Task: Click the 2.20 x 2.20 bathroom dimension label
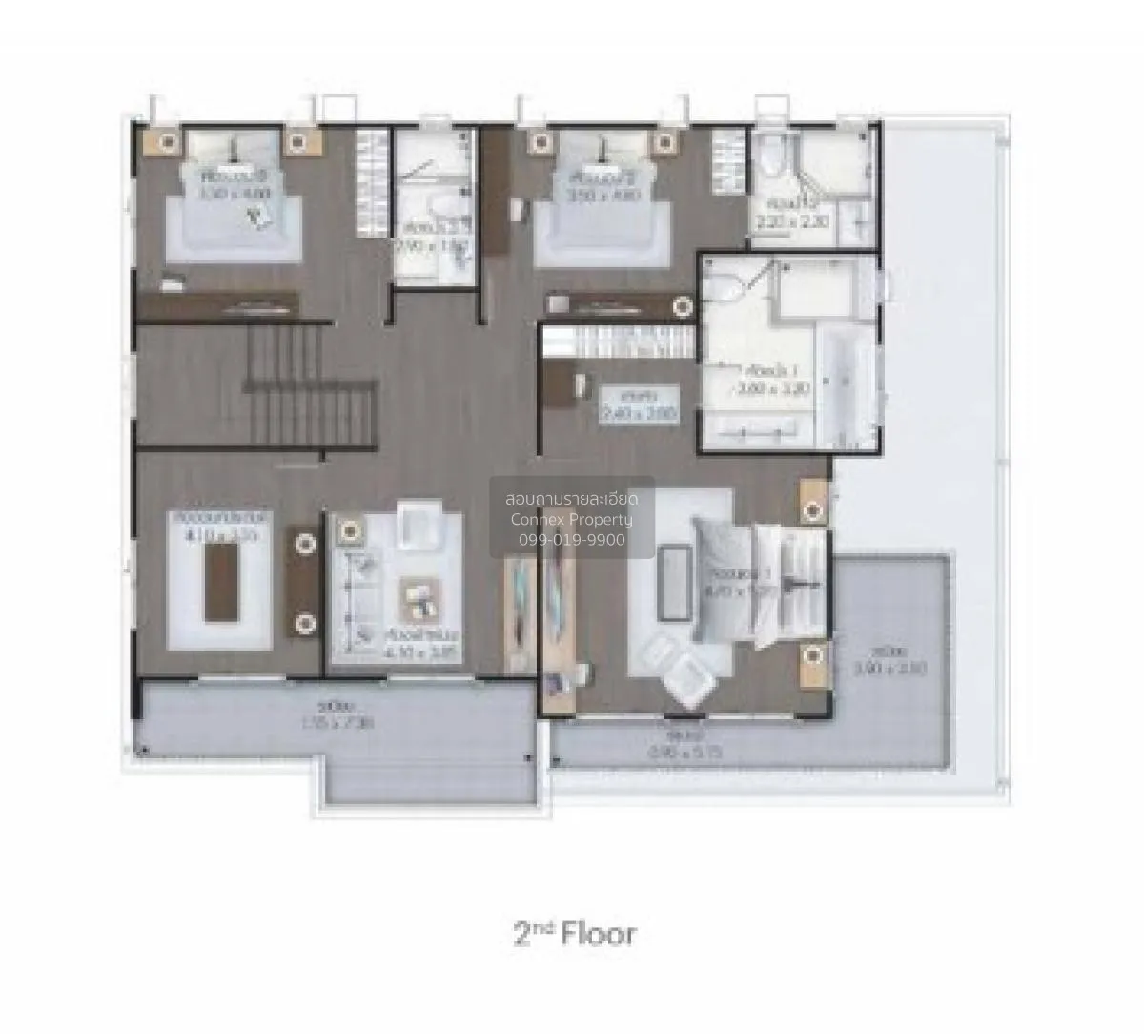pyautogui.click(x=792, y=221)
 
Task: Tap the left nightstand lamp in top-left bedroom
pyautogui.click(x=168, y=141)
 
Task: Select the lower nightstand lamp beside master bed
pyautogui.click(x=812, y=654)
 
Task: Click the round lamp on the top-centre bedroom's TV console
pyautogui.click(x=683, y=306)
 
